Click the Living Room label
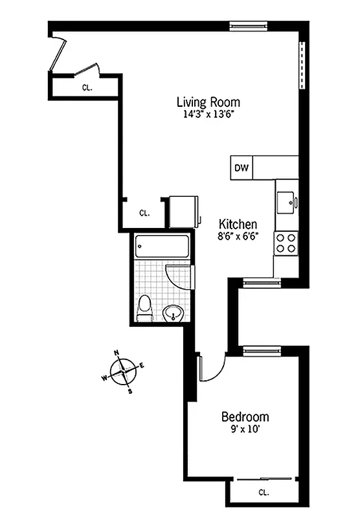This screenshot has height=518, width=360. pos(208,102)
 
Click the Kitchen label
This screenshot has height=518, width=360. pos(237,223)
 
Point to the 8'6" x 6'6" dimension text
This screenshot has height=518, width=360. pos(237,236)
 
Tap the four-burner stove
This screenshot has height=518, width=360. pos(286,243)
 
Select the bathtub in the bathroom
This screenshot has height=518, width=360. pos(162,247)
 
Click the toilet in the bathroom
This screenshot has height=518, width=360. pos(145,308)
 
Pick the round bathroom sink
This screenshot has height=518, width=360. pos(174,314)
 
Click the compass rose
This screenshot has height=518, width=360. pos(123,372)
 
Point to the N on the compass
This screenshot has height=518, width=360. pos(117,353)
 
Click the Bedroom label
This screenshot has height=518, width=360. pos(245,416)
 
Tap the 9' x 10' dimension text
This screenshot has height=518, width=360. pos(245,429)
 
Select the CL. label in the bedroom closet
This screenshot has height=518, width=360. pos(264,492)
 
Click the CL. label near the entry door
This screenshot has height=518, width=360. pos(87,87)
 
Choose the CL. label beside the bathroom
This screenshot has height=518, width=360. pos(144,212)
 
